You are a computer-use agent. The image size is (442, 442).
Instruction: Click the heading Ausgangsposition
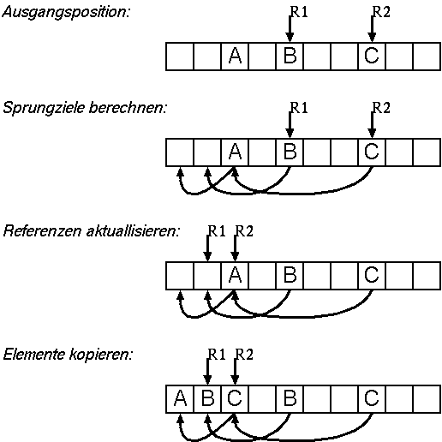pos(66,13)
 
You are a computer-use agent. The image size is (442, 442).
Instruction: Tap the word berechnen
pos(128,108)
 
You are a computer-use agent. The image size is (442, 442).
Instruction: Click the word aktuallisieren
pos(133,230)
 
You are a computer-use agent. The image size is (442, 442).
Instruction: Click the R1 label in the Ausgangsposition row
pos(299,12)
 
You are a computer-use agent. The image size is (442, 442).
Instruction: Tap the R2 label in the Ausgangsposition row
pos(381,12)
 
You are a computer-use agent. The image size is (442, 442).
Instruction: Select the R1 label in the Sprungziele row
pos(299,108)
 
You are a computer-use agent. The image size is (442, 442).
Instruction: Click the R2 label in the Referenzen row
pos(244,231)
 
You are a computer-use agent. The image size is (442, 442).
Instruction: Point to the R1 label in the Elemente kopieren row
pos(217,355)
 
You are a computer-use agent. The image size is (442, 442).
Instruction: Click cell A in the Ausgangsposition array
pos(235,57)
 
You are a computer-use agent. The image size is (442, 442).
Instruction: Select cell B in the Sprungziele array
pos(290,152)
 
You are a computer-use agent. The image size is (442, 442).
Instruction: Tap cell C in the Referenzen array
pos(372,276)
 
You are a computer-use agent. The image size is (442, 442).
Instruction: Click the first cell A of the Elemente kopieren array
pos(180,399)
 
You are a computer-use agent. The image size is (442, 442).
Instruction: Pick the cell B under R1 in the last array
pos(207,399)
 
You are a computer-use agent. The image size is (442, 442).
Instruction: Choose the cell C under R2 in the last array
pos(235,399)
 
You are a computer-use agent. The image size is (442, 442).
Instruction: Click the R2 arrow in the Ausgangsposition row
pos(372,28)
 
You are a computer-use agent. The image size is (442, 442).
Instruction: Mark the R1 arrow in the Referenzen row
pos(207,248)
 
